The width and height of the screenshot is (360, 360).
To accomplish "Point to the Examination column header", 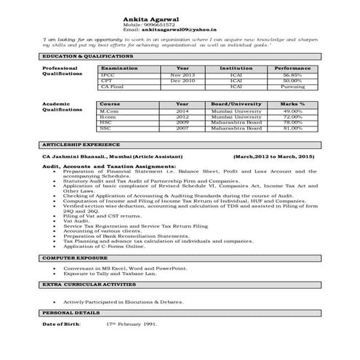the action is point(119,68).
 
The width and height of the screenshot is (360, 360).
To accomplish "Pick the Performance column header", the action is point(292,68).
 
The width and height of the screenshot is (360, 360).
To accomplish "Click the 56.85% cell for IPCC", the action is point(292,75).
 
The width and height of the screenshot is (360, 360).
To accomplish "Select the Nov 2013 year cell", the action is point(183,75).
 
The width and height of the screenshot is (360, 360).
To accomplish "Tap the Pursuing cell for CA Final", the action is point(292,87).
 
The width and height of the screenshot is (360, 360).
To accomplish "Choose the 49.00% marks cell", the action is point(292,111).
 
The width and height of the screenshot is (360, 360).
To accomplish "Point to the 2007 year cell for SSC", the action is point(183,128).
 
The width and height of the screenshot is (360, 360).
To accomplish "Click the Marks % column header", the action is point(292,104).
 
